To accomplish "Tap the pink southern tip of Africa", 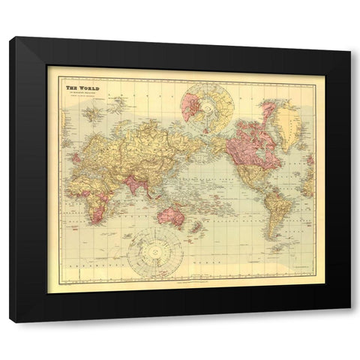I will click(91, 209).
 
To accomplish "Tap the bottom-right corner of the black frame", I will click(349, 322).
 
